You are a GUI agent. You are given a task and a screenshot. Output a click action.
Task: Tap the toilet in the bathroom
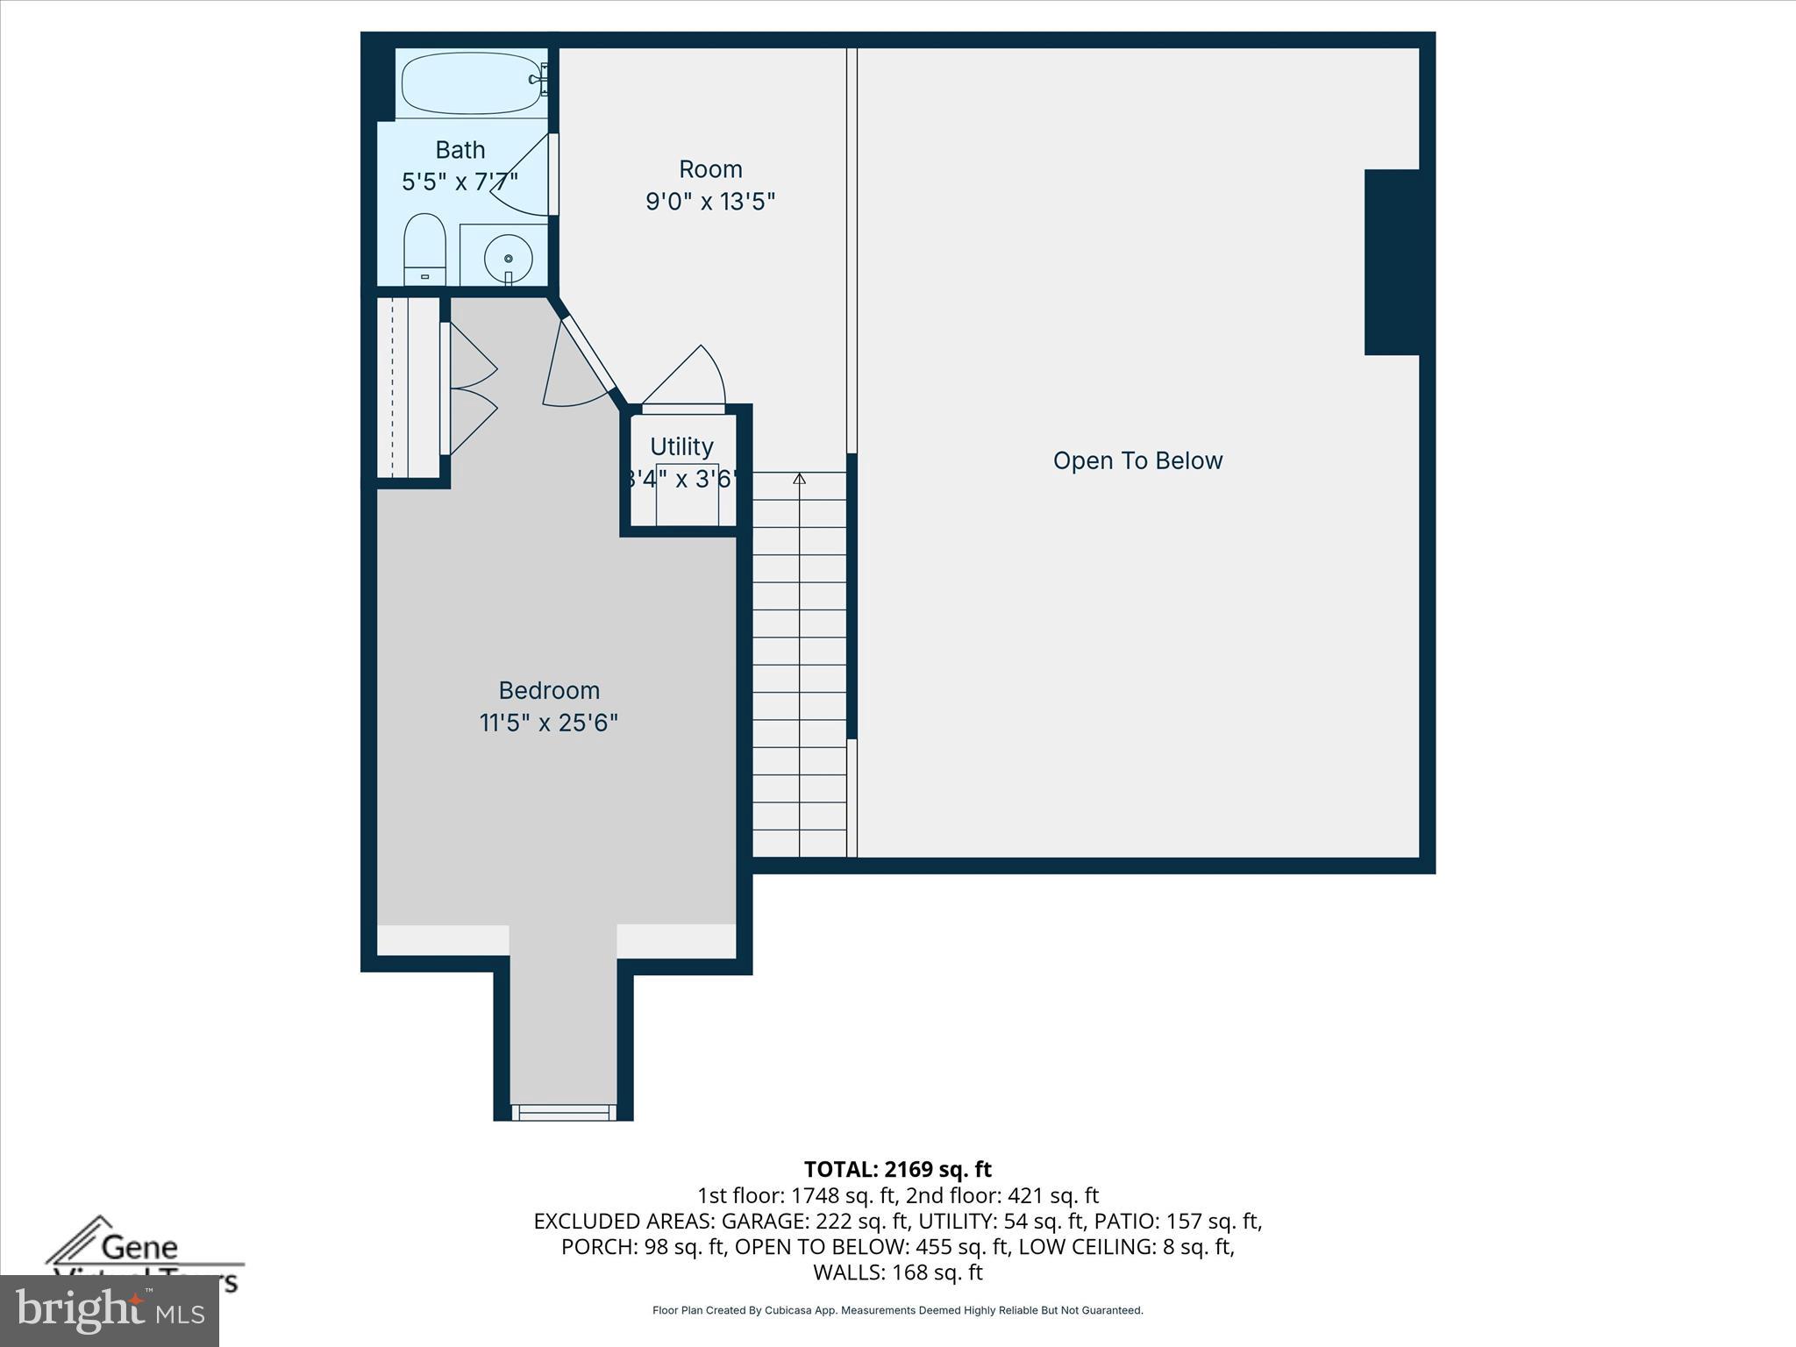click(424, 248)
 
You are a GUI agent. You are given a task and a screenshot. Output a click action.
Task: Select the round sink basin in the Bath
click(508, 257)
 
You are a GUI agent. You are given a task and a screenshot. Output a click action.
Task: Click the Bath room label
click(460, 150)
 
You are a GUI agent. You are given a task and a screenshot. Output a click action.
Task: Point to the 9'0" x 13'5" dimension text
click(710, 203)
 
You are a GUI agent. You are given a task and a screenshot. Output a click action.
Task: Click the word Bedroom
click(549, 690)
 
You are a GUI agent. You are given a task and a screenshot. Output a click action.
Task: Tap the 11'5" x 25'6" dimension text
click(549, 723)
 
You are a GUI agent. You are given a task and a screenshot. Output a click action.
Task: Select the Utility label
click(681, 446)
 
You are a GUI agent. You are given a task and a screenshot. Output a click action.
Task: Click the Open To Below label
click(1137, 461)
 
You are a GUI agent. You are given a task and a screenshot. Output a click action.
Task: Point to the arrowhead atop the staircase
click(799, 479)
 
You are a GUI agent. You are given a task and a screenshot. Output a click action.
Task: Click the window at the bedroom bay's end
click(563, 1112)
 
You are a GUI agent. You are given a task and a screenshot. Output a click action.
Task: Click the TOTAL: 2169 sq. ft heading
click(897, 1169)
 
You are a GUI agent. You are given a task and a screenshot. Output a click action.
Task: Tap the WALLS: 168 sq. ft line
click(897, 1272)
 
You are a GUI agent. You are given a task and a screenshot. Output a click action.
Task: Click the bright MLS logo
click(110, 1310)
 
